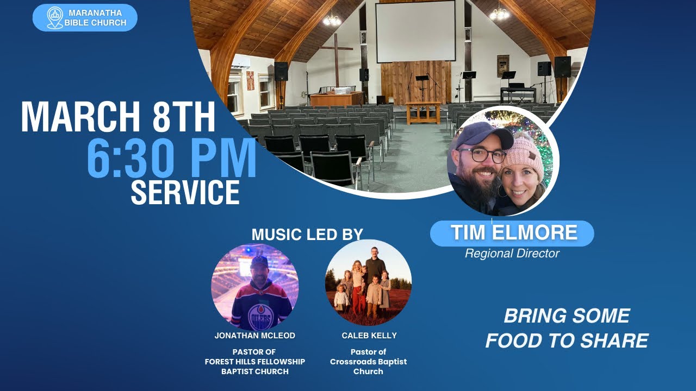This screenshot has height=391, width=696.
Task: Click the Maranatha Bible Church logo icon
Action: point(55,17)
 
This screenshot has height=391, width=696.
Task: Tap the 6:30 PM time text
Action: point(171,158)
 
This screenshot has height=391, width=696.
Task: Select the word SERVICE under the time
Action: point(185,192)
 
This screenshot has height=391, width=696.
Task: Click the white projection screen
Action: point(415,31)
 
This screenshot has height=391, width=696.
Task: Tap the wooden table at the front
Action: point(422,111)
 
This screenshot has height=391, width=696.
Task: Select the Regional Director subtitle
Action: point(512,253)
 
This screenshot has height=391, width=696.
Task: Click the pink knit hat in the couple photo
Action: point(523,154)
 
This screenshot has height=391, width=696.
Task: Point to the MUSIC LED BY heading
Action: point(307,235)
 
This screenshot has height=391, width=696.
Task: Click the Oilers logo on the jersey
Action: point(260,318)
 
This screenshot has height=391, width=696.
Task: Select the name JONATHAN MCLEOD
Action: point(254,336)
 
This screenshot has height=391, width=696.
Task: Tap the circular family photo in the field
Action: point(368,282)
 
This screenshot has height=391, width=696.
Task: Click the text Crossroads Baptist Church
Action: point(368,362)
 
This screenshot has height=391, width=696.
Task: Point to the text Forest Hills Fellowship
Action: point(254,362)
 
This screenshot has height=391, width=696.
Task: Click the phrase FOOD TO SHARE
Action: point(567,340)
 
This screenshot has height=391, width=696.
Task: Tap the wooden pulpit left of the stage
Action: point(336,98)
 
